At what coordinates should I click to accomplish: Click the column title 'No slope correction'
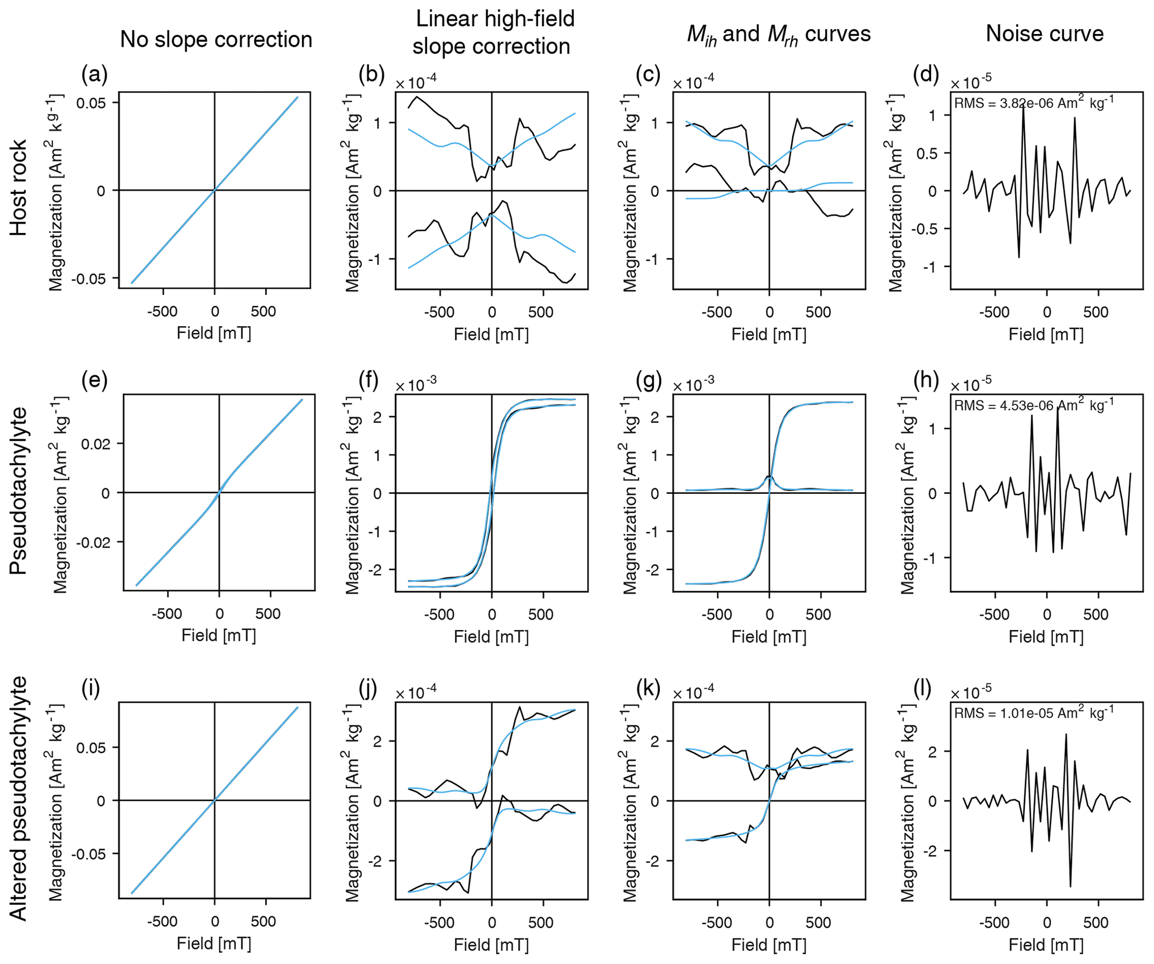click(x=216, y=40)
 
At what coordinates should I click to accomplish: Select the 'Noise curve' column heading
click(x=1045, y=34)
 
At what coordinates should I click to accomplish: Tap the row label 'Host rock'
click(x=18, y=188)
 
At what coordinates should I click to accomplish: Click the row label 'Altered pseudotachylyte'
click(x=18, y=799)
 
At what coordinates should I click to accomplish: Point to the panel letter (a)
click(x=94, y=74)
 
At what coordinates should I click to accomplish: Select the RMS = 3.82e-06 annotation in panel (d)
click(x=1033, y=103)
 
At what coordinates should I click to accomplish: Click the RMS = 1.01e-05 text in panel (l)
click(x=1033, y=713)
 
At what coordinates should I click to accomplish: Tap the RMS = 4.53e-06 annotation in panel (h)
click(x=1033, y=405)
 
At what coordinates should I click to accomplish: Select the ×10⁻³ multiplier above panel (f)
click(x=416, y=386)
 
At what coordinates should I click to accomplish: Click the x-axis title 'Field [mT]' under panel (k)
click(x=769, y=944)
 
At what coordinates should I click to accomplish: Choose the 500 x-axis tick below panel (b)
click(x=540, y=312)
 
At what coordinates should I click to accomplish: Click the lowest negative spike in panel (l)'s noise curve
click(x=1070, y=886)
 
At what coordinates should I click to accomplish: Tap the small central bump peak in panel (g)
click(x=769, y=476)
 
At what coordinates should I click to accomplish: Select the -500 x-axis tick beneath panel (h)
click(x=994, y=615)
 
